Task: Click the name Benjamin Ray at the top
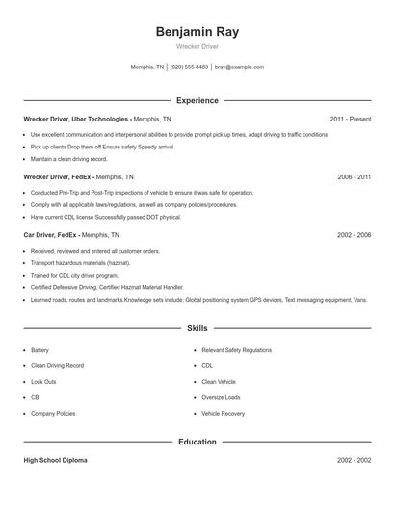pyautogui.click(x=197, y=32)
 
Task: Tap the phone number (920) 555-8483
pyautogui.click(x=190, y=67)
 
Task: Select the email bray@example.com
pyautogui.click(x=239, y=67)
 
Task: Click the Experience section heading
pyautogui.click(x=197, y=100)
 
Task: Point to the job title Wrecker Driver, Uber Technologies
pyautogui.click(x=76, y=119)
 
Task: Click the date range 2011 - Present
pyautogui.click(x=350, y=119)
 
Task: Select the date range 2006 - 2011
pyautogui.click(x=354, y=177)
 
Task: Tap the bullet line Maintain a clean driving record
pyautogui.click(x=70, y=158)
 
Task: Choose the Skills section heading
pyautogui.click(x=197, y=328)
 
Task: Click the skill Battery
pyautogui.click(x=39, y=350)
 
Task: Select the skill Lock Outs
pyautogui.click(x=43, y=382)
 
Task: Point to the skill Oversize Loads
pyautogui.click(x=221, y=397)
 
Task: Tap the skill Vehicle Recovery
pyautogui.click(x=223, y=413)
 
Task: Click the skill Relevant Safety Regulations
pyautogui.click(x=236, y=350)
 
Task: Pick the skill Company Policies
pyautogui.click(x=53, y=413)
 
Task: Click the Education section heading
pyautogui.click(x=197, y=442)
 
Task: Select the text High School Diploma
pyautogui.click(x=55, y=461)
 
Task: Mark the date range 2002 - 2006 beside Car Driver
pyautogui.click(x=354, y=235)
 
